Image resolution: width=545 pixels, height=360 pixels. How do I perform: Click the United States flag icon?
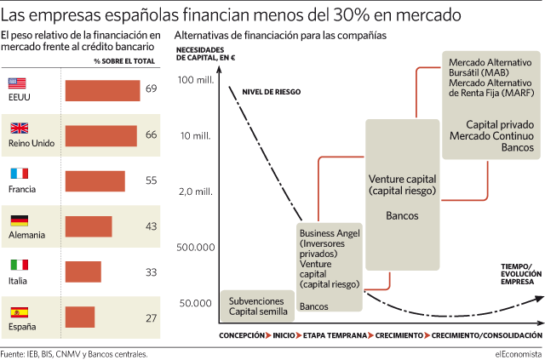(x=17, y=83)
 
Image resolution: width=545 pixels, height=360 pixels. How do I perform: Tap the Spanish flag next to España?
(x=19, y=312)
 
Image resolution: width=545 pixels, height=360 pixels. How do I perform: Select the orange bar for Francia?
(x=95, y=181)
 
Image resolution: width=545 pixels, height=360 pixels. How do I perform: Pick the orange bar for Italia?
(x=83, y=271)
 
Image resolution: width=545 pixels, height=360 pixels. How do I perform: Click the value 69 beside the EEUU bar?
(x=152, y=89)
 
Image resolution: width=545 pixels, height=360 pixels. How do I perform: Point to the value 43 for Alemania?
(x=152, y=226)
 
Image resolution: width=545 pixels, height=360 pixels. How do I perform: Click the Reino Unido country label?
(x=32, y=143)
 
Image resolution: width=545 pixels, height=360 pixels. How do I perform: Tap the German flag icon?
(x=19, y=220)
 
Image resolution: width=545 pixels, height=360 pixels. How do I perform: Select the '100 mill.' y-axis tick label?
(x=196, y=80)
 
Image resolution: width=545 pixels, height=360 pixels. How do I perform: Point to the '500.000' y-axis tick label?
(x=196, y=248)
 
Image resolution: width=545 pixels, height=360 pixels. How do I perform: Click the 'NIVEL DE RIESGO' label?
(x=272, y=92)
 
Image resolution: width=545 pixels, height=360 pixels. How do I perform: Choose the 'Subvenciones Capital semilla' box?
(x=257, y=306)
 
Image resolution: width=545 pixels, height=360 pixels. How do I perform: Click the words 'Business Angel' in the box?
(x=330, y=233)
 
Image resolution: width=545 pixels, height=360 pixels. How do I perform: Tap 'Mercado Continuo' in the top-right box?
(x=491, y=136)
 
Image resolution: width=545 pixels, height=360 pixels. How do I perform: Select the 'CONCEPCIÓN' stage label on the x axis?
(x=242, y=335)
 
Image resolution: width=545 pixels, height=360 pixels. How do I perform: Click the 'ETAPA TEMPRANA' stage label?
(x=335, y=335)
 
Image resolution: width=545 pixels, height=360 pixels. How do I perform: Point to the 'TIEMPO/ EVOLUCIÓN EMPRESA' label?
(x=521, y=274)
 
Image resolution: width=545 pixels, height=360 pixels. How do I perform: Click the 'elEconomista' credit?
(x=519, y=354)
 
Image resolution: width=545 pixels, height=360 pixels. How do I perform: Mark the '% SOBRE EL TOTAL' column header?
(x=124, y=61)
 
